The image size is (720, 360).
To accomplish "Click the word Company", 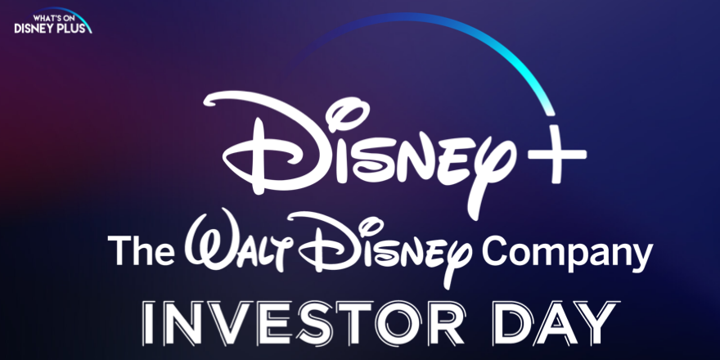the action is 567,254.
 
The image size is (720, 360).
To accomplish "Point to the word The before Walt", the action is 141,250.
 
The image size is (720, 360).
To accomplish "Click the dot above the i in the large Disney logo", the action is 348,110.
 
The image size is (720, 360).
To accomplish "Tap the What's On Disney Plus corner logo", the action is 53,20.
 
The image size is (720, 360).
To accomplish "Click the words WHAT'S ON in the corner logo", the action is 53,18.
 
